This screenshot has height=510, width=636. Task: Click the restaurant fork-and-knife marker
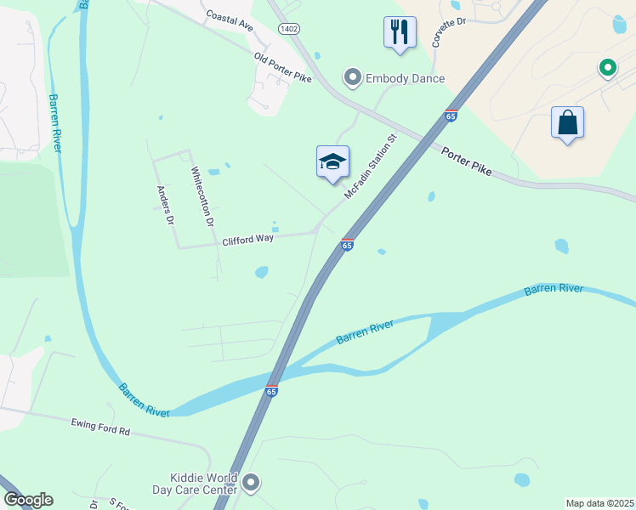(x=400, y=33)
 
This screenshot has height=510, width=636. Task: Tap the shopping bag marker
(x=567, y=122)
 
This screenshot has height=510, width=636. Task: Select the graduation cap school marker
(x=332, y=162)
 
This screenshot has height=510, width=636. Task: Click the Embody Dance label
(x=405, y=78)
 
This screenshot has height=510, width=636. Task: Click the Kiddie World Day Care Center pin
(x=250, y=484)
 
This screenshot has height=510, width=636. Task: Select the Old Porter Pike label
(x=282, y=67)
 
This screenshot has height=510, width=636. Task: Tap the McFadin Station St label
(x=371, y=167)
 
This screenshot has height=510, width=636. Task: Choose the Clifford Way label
(x=247, y=240)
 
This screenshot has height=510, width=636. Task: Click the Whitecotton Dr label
(x=201, y=196)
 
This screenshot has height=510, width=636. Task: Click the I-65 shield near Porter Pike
(x=451, y=116)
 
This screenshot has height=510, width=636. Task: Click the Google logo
(x=28, y=500)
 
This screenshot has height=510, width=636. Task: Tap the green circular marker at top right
(x=607, y=66)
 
